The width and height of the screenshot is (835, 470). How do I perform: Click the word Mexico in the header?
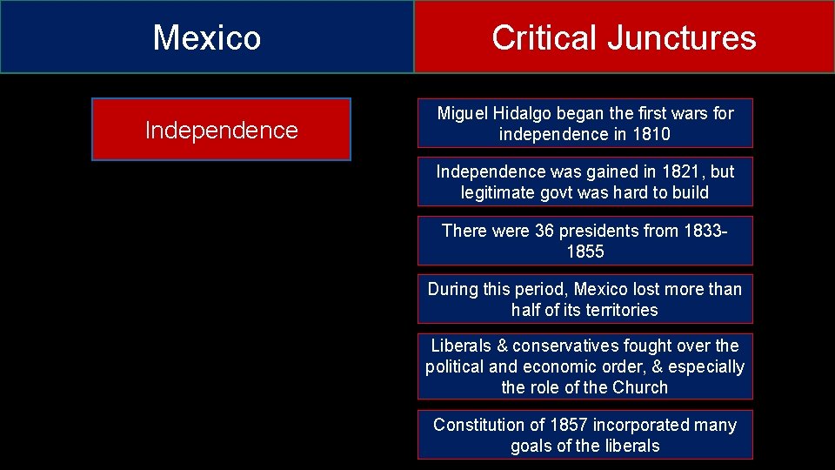tap(207, 38)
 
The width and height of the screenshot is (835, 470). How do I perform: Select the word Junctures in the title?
tap(682, 38)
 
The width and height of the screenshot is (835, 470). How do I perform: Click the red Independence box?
tap(221, 130)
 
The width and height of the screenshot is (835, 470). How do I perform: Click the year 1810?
tap(651, 134)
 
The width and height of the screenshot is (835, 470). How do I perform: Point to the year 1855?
tap(584, 252)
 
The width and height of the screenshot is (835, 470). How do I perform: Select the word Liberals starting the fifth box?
tap(461, 346)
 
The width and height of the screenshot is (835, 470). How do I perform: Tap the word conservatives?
tap(565, 346)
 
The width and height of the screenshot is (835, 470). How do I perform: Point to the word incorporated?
tap(640, 425)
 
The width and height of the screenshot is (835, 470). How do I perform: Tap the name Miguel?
tap(464, 113)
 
